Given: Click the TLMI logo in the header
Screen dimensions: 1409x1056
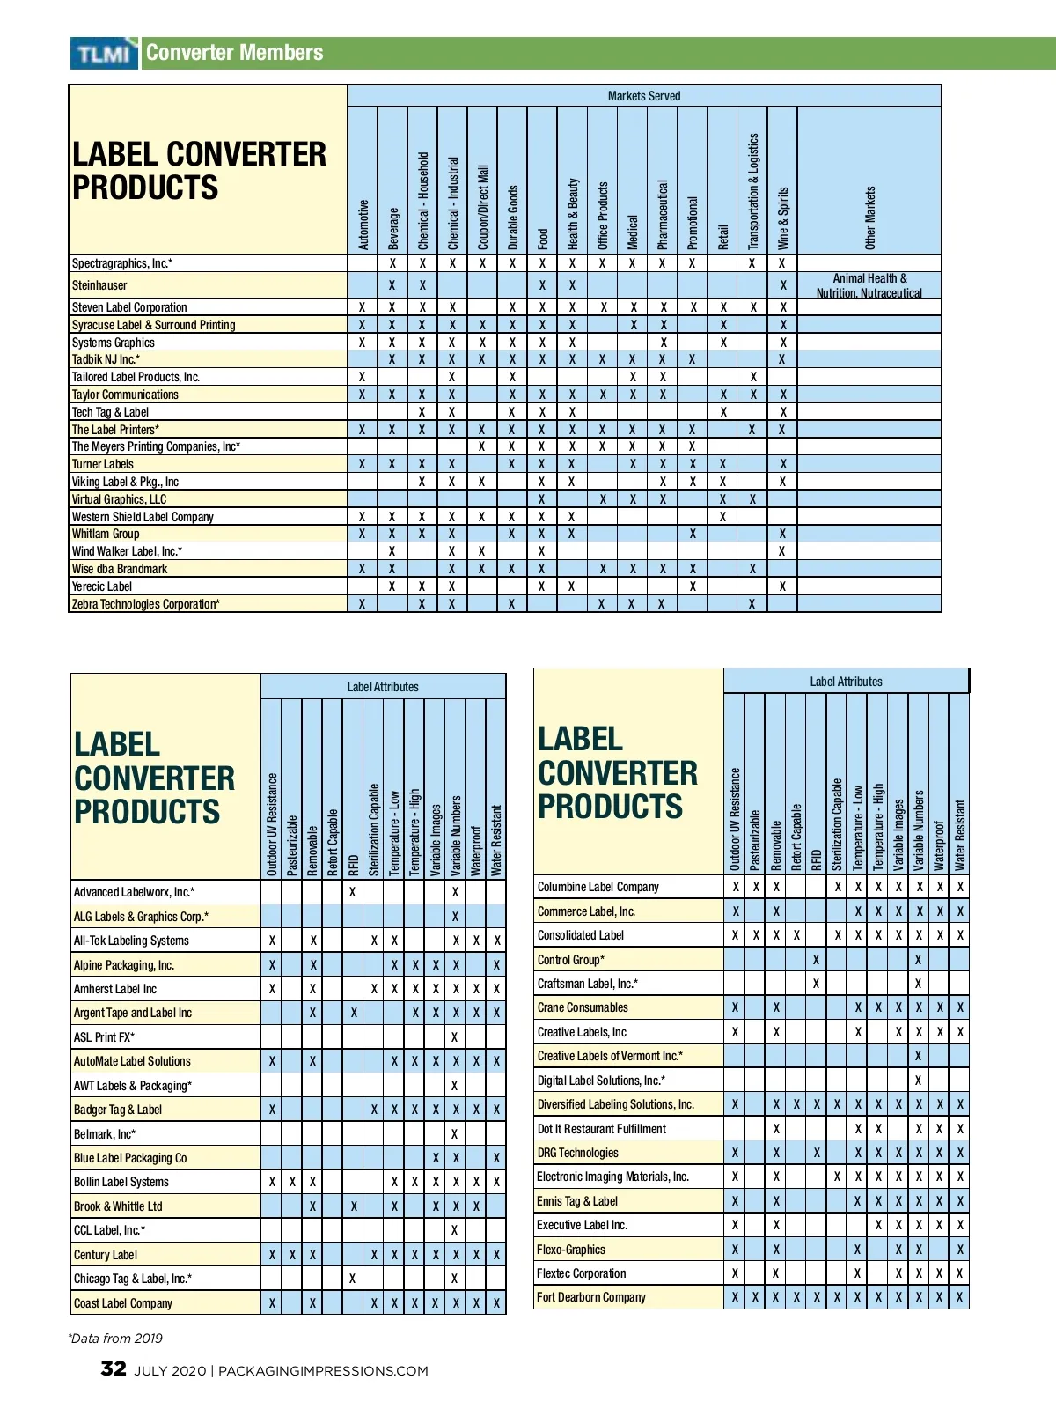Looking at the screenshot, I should (x=104, y=54).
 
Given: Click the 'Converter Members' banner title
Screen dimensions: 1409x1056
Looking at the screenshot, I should (x=234, y=53).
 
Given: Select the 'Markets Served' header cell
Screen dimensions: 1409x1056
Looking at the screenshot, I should (x=643, y=96).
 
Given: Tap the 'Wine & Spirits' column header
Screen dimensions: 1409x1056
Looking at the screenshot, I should (x=782, y=218).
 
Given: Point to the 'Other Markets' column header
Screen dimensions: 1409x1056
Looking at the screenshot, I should (x=869, y=218).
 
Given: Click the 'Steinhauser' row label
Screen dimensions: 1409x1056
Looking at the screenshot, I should (x=99, y=285).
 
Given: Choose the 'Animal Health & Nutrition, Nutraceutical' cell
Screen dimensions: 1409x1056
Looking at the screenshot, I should (x=869, y=285).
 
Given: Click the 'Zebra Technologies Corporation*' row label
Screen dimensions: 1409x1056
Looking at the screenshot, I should (x=145, y=604).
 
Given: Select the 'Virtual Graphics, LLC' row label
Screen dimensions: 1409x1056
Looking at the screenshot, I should (x=119, y=499).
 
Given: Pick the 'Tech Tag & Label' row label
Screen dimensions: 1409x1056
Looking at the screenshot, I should (x=110, y=412).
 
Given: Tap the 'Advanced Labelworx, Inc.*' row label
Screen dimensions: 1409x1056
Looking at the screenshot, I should (x=134, y=892).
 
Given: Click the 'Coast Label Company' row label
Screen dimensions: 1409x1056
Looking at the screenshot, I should (x=123, y=1303).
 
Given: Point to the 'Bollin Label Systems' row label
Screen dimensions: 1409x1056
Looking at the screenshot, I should (x=121, y=1182).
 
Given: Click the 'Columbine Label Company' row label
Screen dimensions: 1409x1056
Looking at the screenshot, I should (x=598, y=887).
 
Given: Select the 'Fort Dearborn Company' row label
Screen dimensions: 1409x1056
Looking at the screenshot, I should (x=590, y=1297).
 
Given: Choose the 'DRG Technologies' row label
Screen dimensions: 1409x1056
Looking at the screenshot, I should (x=577, y=1153).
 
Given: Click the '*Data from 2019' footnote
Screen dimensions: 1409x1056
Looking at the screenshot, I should (x=115, y=1339).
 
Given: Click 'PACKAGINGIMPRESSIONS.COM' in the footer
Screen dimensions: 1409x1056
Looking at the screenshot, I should (x=323, y=1371).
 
